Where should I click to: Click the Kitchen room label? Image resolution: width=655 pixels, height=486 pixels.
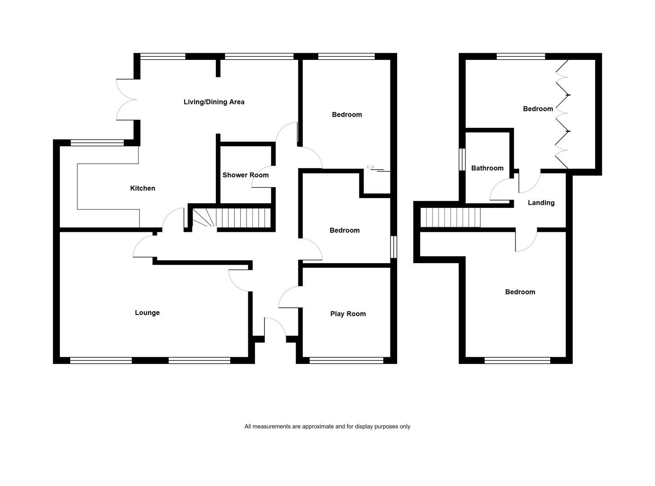[142, 188]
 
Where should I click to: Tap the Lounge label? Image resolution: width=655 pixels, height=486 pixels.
[147, 313]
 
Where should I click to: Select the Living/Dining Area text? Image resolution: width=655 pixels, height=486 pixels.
[214, 102]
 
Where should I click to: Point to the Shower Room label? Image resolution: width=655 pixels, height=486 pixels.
[246, 175]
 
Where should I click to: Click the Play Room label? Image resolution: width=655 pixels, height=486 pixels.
[348, 314]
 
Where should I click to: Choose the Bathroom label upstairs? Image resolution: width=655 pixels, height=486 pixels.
[487, 168]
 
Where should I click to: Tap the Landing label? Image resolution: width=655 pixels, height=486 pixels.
[541, 202]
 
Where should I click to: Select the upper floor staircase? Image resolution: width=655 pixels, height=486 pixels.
[450, 217]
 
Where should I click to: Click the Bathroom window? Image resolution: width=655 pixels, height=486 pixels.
[462, 160]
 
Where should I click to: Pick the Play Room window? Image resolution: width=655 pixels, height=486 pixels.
[346, 360]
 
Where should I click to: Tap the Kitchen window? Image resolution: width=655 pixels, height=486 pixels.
[97, 143]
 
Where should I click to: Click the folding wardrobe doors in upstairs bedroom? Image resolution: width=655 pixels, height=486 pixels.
[562, 114]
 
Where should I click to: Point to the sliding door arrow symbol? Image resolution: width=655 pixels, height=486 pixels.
[370, 167]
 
